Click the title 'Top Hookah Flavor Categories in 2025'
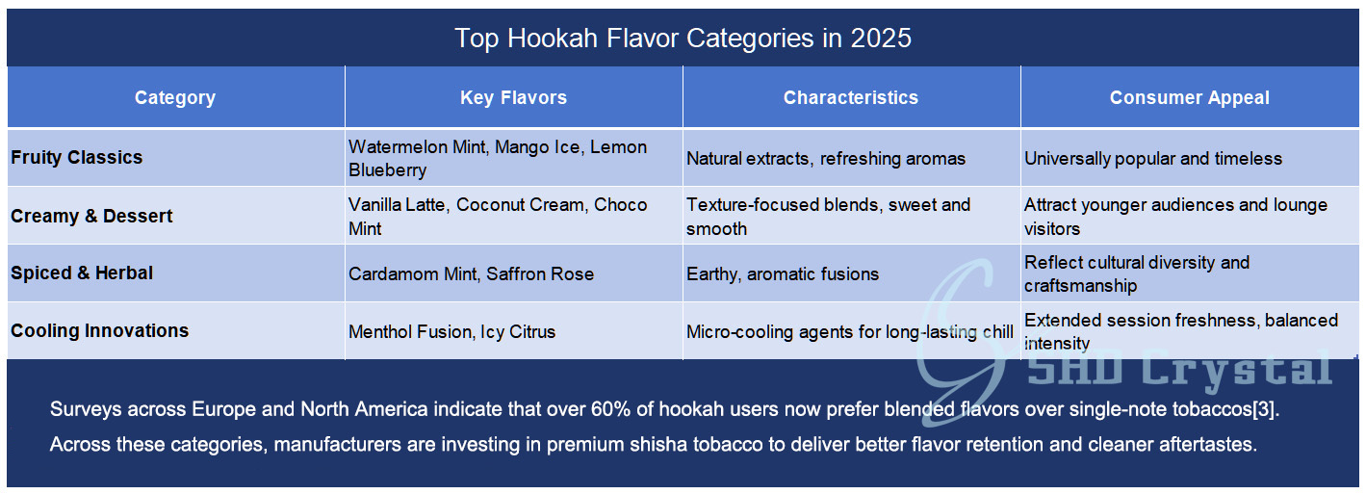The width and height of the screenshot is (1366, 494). [683, 38]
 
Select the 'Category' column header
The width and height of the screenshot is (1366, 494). [175, 97]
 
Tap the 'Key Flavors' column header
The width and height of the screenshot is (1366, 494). [513, 97]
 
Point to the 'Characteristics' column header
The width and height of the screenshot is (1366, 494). [851, 97]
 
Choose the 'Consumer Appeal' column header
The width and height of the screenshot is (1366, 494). [1189, 97]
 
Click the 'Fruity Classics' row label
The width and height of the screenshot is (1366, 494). [77, 157]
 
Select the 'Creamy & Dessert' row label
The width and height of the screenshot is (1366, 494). [91, 216]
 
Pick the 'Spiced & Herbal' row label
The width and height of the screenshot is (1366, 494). [82, 273]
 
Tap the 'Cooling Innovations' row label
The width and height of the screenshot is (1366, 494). [100, 330]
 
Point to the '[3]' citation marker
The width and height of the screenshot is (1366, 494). [1263, 409]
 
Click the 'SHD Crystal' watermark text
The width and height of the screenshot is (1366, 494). [1180, 369]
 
